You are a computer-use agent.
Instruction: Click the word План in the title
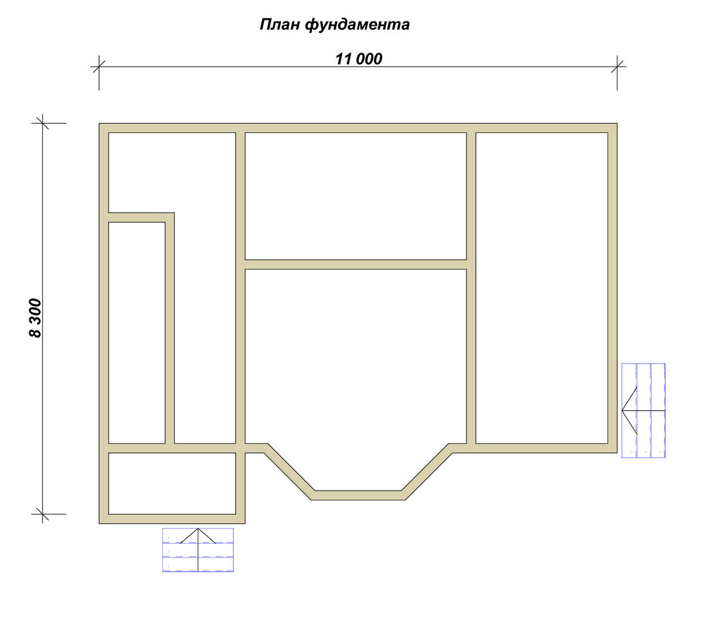[280, 25]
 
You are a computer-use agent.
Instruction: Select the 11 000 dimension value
[359, 59]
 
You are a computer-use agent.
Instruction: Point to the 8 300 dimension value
[35, 318]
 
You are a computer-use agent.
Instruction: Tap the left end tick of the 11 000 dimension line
[99, 66]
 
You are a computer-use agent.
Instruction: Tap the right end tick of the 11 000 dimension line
[617, 66]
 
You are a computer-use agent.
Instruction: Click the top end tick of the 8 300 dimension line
[43, 123]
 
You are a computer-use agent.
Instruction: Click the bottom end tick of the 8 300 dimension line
[43, 514]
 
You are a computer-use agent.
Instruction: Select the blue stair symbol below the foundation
[198, 550]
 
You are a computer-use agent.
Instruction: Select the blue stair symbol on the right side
[644, 410]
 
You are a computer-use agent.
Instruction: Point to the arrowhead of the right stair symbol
[623, 410]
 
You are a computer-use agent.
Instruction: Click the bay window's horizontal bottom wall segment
[358, 495]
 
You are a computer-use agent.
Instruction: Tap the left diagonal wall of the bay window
[289, 472]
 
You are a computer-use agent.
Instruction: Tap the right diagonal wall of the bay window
[427, 472]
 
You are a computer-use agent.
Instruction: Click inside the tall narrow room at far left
[137, 332]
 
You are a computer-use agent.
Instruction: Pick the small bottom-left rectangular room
[172, 484]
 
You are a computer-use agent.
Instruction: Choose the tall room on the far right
[542, 288]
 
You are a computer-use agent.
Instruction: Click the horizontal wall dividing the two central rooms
[356, 264]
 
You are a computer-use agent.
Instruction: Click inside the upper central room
[356, 196]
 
